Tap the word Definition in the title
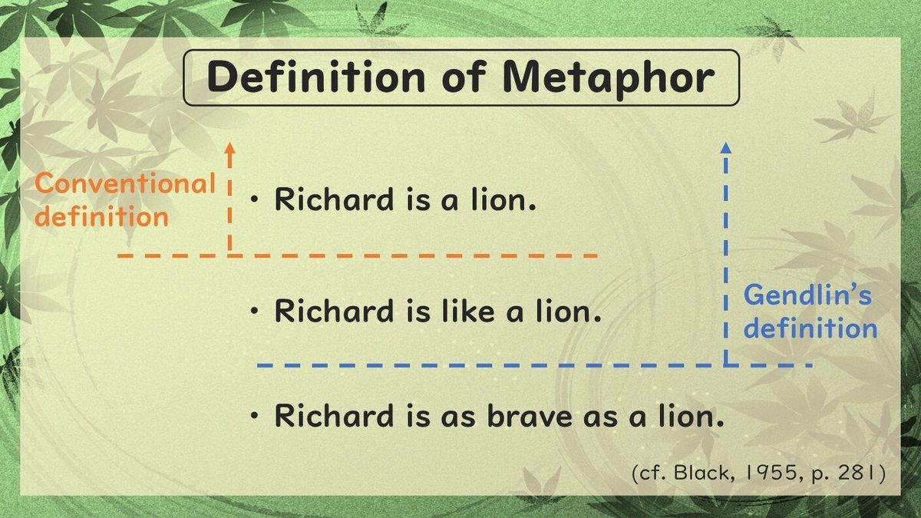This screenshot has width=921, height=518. [x=316, y=78]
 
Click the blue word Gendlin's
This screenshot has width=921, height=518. [x=807, y=295]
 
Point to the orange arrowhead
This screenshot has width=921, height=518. [x=229, y=149]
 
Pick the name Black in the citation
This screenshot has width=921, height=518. [x=694, y=473]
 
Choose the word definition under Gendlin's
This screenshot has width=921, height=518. [x=810, y=328]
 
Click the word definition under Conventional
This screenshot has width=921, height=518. [x=102, y=216]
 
